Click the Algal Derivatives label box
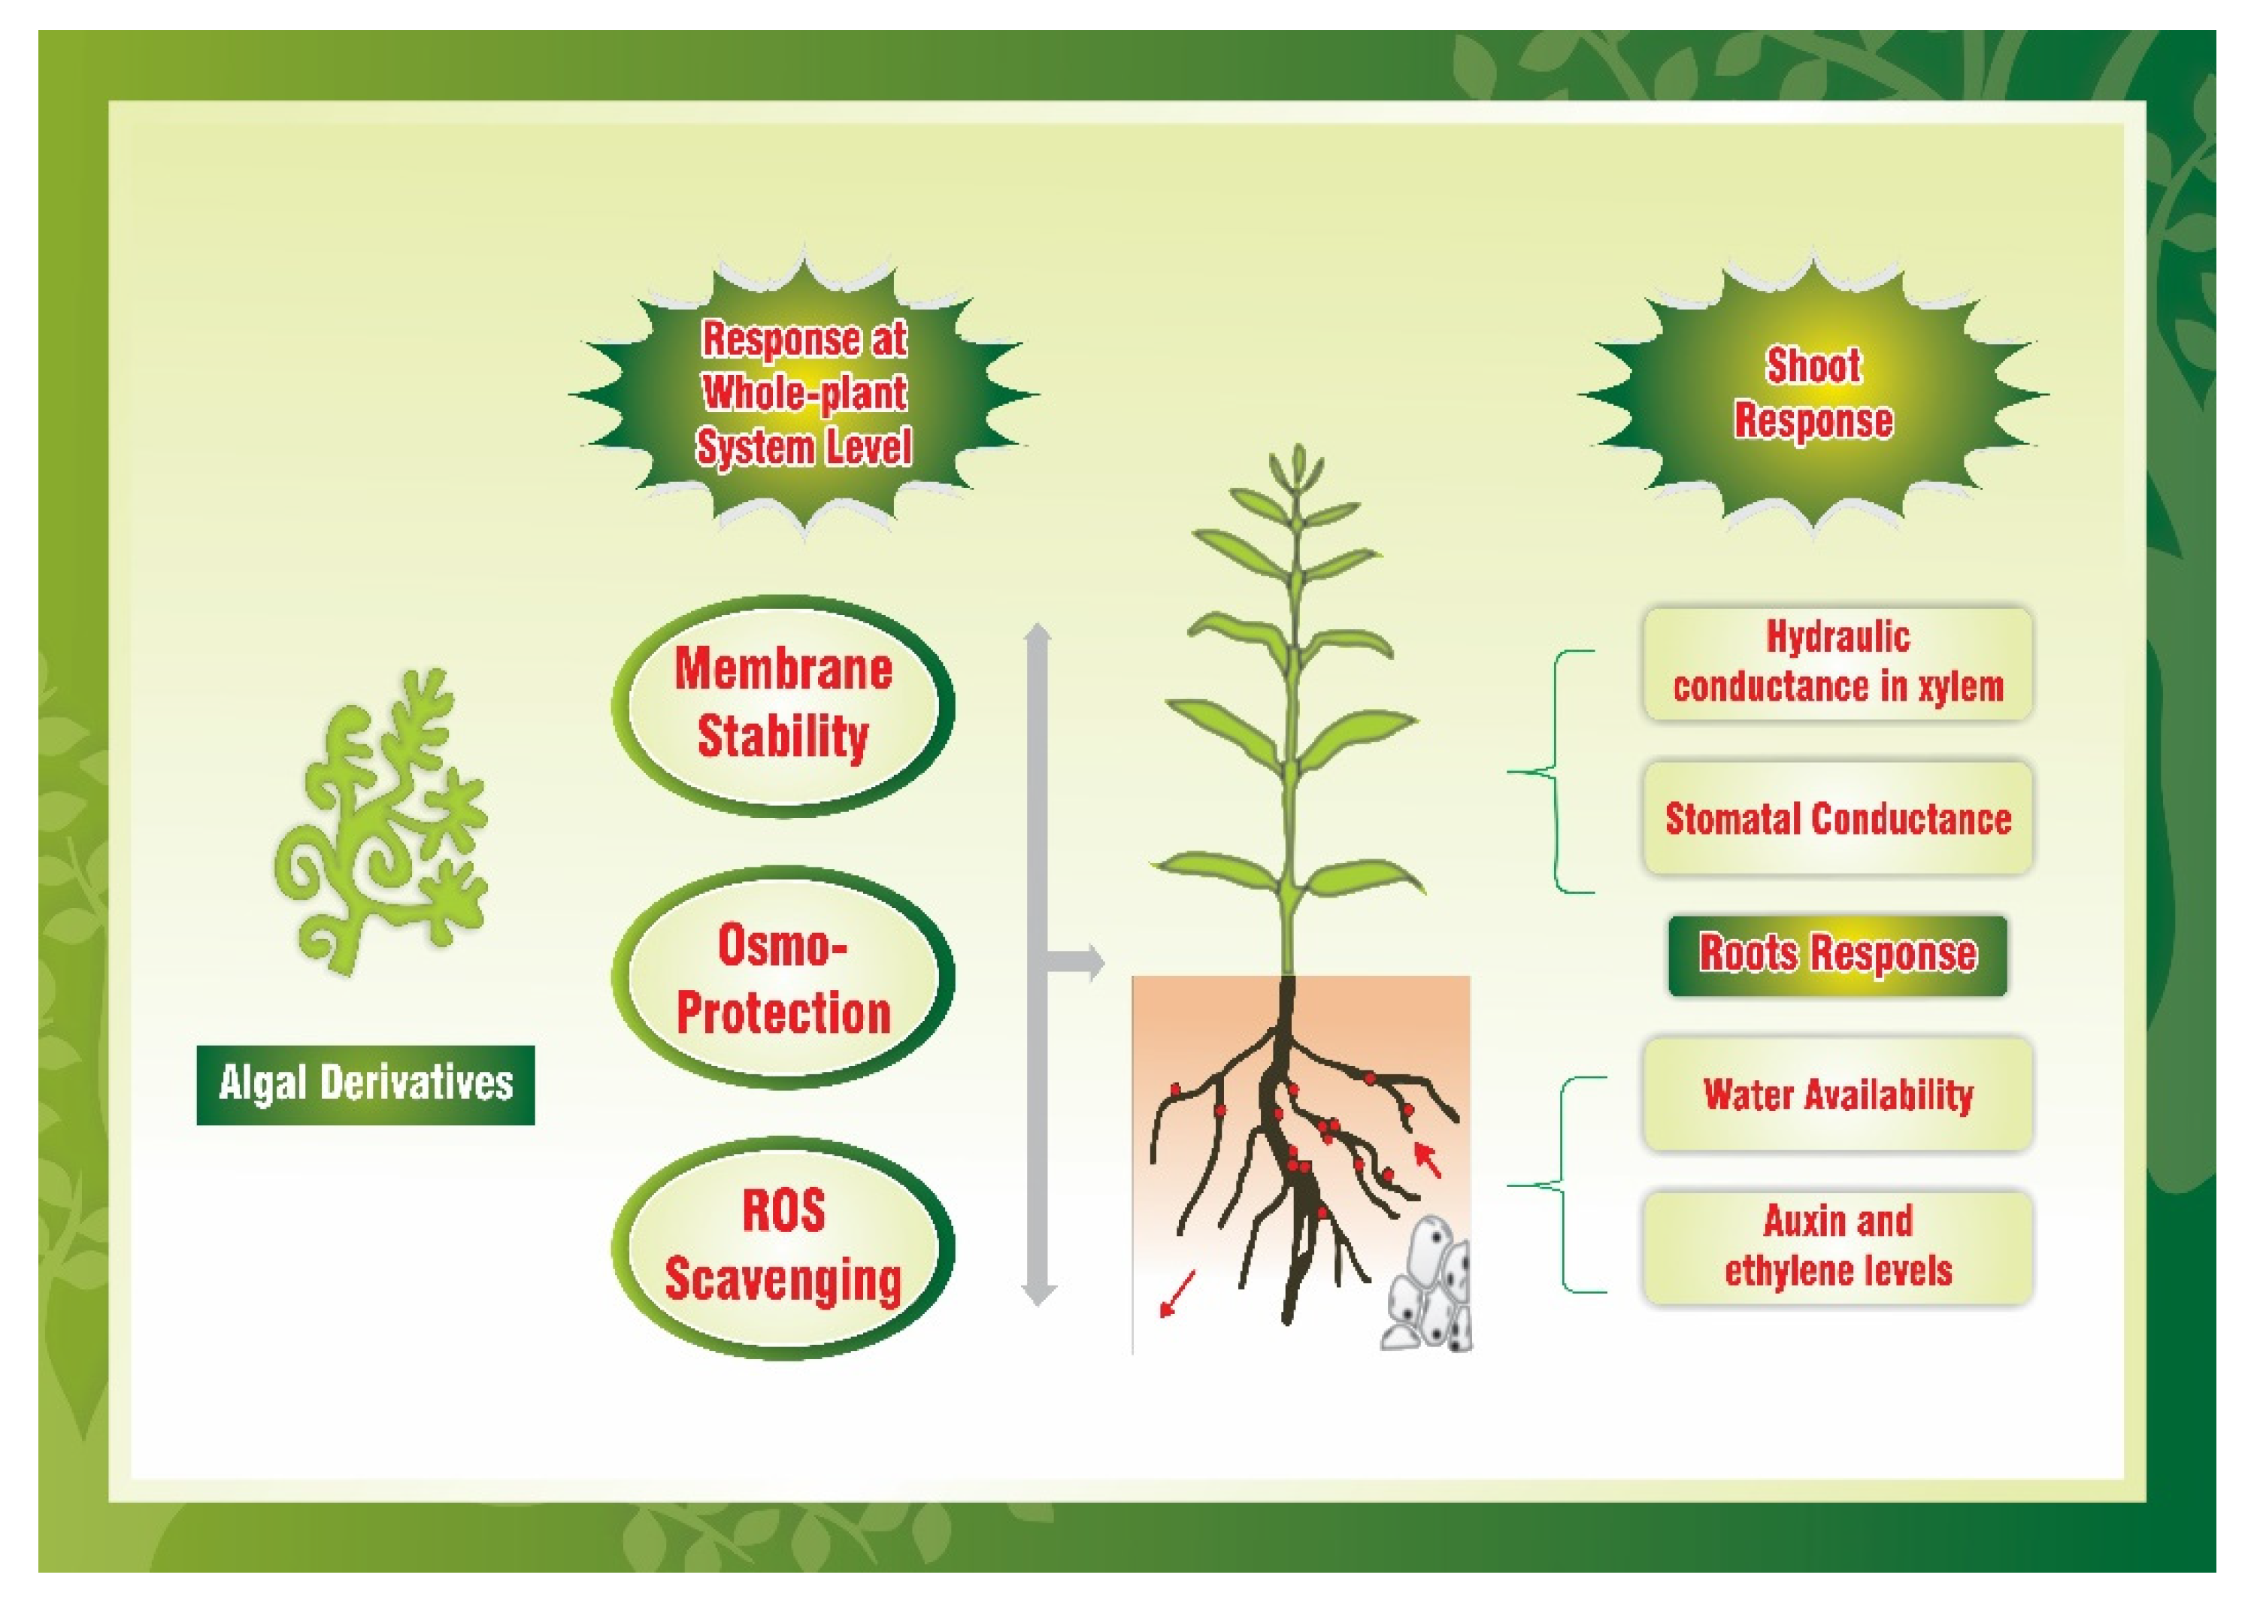(x=365, y=1084)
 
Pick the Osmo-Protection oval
(x=783, y=977)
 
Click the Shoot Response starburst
(x=1813, y=393)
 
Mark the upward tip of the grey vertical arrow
(x=1037, y=630)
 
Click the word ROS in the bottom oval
(x=783, y=1211)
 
